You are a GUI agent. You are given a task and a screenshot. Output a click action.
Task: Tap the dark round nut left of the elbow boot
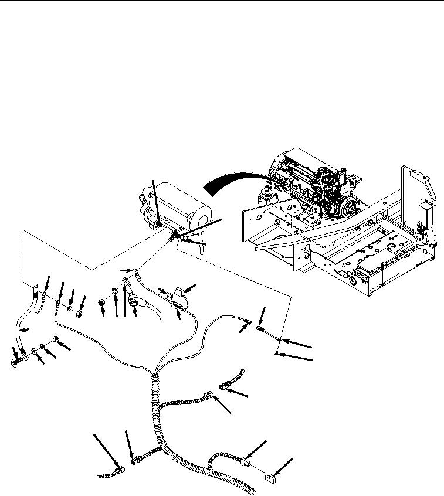(103, 303)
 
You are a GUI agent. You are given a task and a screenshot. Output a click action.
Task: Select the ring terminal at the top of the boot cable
(135, 270)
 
